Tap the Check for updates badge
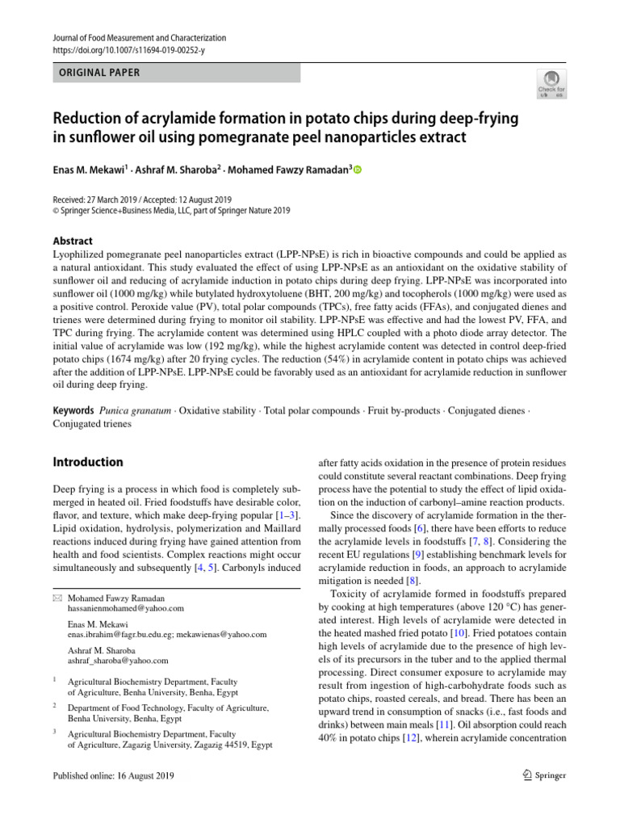[552, 83]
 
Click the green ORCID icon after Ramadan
[358, 170]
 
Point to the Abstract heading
[73, 241]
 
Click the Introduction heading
[88, 462]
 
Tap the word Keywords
[73, 411]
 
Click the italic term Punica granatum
[136, 411]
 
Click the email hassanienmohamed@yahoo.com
[125, 608]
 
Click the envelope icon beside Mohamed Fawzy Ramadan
[57, 598]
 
